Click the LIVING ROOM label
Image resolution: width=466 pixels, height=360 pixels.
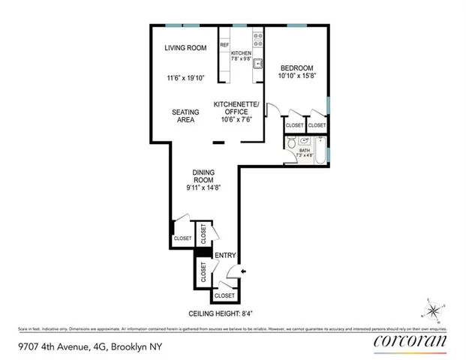click(185, 49)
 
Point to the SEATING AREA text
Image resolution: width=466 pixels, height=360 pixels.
click(185, 116)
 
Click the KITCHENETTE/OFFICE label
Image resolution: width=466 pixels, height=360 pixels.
click(236, 108)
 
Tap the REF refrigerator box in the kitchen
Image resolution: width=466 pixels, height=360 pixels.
click(224, 46)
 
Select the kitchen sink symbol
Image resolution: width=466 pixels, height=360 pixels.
click(257, 64)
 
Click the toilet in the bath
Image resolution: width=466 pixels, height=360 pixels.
click(303, 142)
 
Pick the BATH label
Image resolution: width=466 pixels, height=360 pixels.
click(304, 151)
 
